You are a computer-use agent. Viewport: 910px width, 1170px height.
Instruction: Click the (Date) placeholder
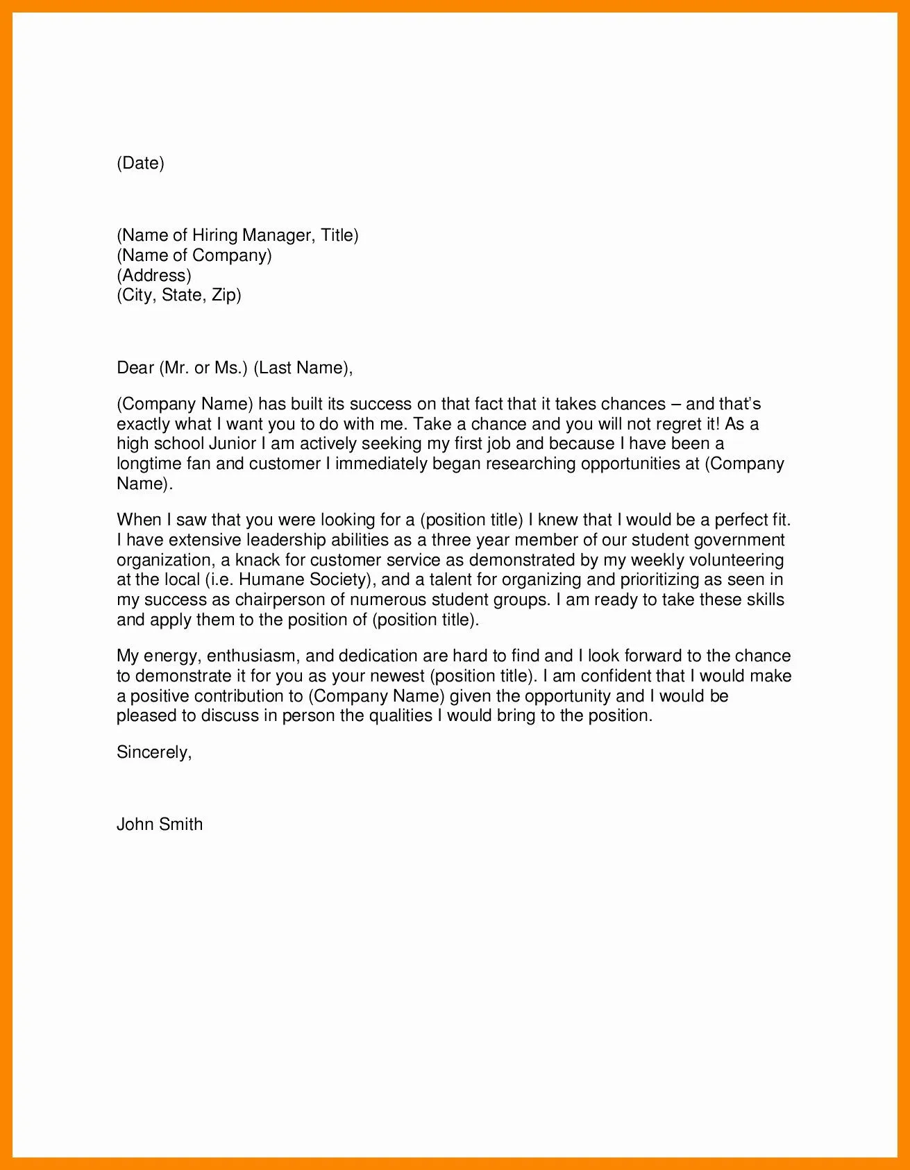click(140, 163)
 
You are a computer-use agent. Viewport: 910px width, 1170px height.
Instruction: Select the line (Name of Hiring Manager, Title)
click(237, 235)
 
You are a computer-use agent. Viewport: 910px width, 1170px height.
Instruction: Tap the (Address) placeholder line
click(154, 275)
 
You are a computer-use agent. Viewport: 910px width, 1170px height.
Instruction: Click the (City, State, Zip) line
click(179, 295)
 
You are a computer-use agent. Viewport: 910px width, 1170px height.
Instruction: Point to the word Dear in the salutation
click(135, 368)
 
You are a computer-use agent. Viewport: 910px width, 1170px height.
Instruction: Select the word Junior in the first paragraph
click(233, 443)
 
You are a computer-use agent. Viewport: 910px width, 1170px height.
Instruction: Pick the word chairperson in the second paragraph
click(279, 600)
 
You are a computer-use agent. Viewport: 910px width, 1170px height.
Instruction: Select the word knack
click(258, 560)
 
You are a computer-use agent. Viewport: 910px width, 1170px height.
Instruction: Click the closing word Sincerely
click(153, 752)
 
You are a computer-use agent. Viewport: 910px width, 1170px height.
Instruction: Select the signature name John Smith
click(160, 824)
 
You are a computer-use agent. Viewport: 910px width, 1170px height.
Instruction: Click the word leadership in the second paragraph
click(286, 540)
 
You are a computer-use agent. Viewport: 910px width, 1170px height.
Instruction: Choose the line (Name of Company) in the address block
click(194, 255)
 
